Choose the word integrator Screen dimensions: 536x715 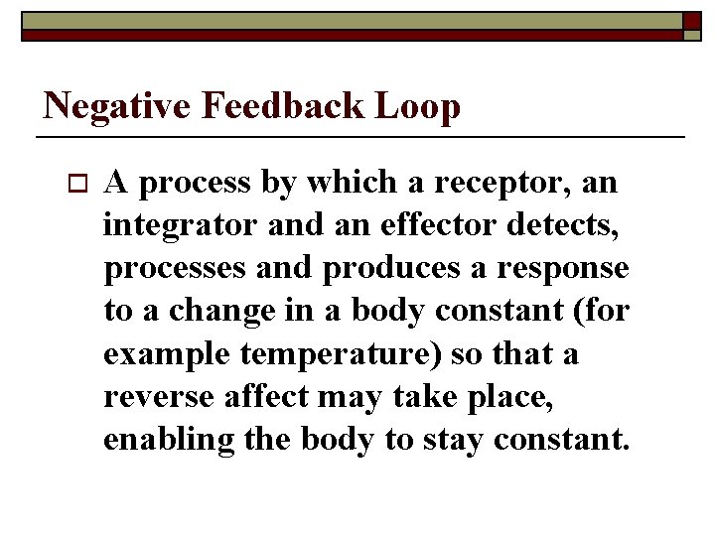pyautogui.click(x=180, y=226)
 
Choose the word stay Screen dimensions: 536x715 pyautogui.click(x=456, y=440)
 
